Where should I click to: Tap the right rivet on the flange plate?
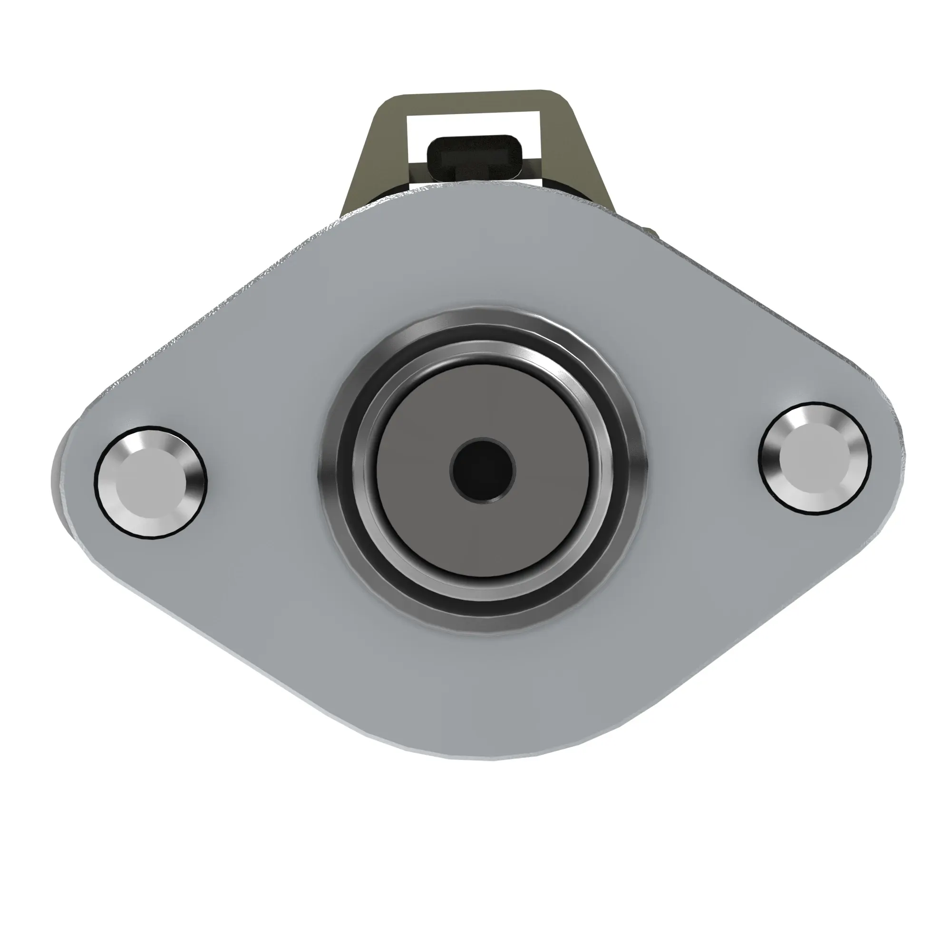point(814,458)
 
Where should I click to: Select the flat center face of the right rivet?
point(814,458)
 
